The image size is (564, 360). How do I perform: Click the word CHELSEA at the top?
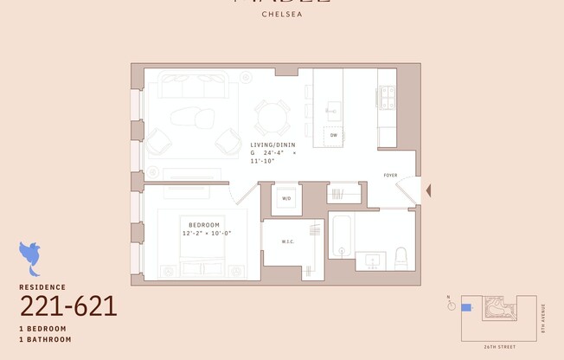[281, 14]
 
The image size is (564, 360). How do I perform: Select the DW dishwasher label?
[334, 135]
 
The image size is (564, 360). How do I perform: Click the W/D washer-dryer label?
[285, 199]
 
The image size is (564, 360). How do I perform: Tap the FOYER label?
[391, 176]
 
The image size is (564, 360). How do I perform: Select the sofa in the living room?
[191, 87]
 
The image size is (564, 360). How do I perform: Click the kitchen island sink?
[333, 110]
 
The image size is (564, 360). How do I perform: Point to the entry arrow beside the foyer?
[426, 190]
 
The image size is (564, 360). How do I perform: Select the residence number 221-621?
[67, 305]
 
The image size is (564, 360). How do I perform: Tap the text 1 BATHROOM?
[45, 339]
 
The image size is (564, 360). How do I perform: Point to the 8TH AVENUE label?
[543, 317]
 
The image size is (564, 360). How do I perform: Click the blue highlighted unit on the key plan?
[467, 306]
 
